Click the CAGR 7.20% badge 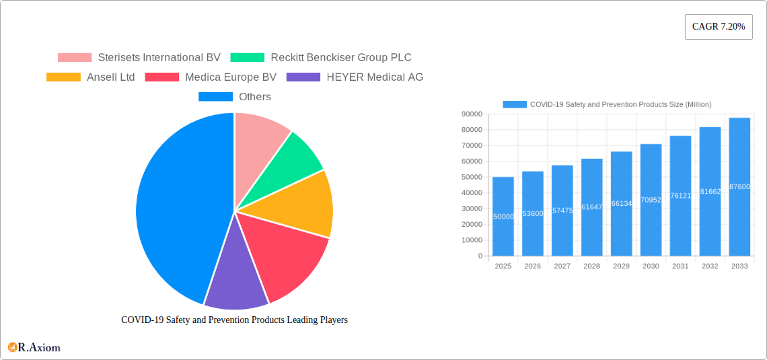(x=718, y=27)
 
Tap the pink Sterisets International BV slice (x=259, y=135)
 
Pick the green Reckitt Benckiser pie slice (x=296, y=161)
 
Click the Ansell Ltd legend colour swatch (x=63, y=77)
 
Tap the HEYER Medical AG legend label (x=375, y=77)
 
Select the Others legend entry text (x=255, y=97)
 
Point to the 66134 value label (x=621, y=203)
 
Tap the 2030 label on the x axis (x=651, y=266)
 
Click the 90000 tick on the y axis (x=471, y=114)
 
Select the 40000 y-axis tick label (x=471, y=193)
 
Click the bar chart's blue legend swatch (x=515, y=104)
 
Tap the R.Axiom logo (x=34, y=347)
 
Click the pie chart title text (x=234, y=320)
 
